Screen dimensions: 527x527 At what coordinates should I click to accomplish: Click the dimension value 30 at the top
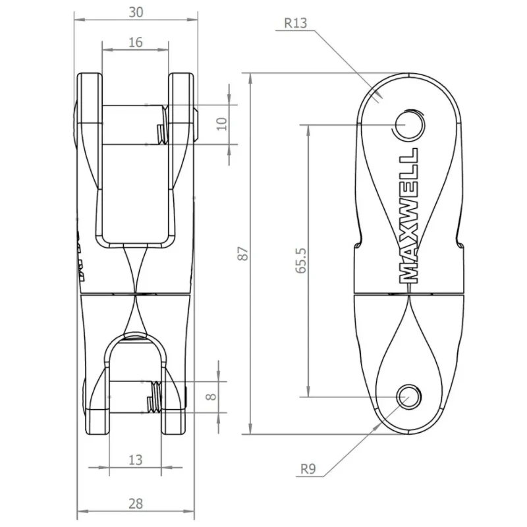click(137, 12)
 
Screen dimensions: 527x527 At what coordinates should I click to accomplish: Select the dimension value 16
click(135, 42)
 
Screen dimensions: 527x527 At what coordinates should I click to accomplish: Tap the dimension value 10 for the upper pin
click(221, 123)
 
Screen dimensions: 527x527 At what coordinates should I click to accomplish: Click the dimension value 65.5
click(300, 260)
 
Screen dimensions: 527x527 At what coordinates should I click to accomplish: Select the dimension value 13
click(135, 460)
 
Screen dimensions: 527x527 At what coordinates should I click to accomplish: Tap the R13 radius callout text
click(296, 22)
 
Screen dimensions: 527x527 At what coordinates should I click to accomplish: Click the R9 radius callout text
click(308, 469)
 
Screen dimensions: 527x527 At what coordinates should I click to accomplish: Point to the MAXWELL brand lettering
click(409, 215)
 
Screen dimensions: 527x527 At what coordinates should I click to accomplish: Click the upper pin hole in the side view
click(408, 124)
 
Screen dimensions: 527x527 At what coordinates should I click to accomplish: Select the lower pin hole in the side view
click(408, 395)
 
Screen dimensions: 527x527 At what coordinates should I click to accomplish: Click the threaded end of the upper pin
click(159, 132)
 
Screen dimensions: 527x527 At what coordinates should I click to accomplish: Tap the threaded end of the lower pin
click(152, 398)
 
